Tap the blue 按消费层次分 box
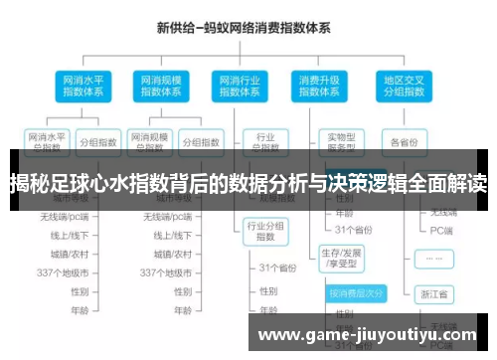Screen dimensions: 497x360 click(354, 294)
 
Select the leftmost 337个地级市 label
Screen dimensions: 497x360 click(64, 272)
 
